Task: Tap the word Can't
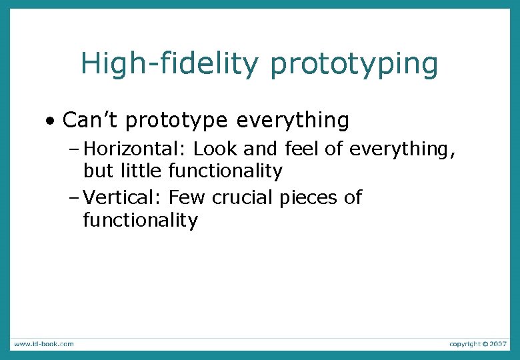coord(90,120)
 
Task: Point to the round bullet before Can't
coord(51,121)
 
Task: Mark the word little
coord(141,171)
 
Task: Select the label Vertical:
coord(124,197)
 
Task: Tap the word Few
coord(187,197)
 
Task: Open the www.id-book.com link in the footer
coord(43,344)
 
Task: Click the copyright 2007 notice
coord(477,344)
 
